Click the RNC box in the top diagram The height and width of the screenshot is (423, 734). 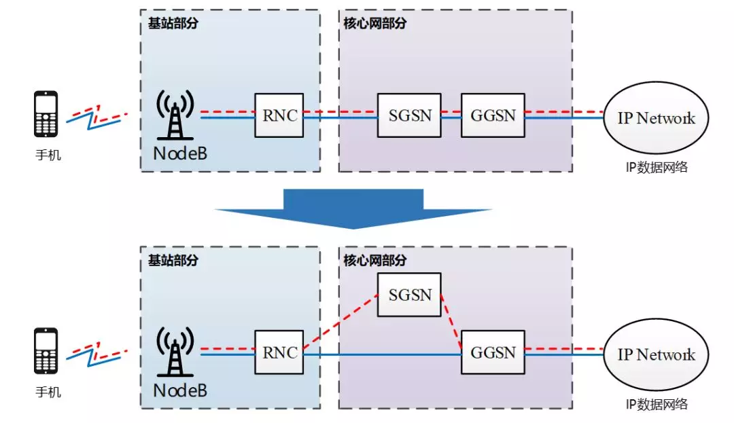279,115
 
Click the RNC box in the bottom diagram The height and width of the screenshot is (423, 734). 279,352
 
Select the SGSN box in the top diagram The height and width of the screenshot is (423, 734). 409,115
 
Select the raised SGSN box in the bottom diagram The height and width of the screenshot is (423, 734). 409,294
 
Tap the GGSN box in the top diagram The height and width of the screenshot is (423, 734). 493,115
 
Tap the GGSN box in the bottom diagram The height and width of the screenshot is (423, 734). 493,352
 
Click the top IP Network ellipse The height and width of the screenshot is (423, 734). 656,118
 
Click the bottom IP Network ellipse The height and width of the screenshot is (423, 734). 656,354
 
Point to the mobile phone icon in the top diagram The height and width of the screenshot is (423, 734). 46,115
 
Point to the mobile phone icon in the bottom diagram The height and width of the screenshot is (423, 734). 46,351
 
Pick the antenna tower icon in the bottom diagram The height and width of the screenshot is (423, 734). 175,353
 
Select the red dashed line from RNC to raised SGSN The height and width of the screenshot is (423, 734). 340,323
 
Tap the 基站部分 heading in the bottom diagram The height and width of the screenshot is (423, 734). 173,260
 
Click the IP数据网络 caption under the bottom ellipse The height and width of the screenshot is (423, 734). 656,404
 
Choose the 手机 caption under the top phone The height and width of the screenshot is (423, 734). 48,155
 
